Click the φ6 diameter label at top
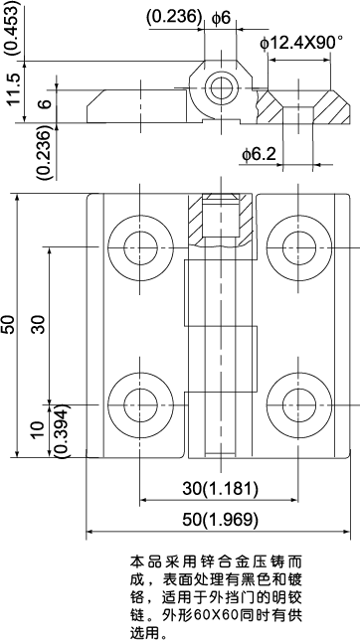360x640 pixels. pyautogui.click(x=222, y=17)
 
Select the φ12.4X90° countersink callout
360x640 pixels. pyautogui.click(x=300, y=43)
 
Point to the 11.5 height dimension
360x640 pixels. pyautogui.click(x=13, y=89)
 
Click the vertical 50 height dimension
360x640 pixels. pyautogui.click(x=9, y=324)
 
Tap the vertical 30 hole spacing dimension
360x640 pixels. pyautogui.click(x=39, y=324)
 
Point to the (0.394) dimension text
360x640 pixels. pyautogui.click(x=60, y=429)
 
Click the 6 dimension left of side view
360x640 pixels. pyautogui.click(x=43, y=103)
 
